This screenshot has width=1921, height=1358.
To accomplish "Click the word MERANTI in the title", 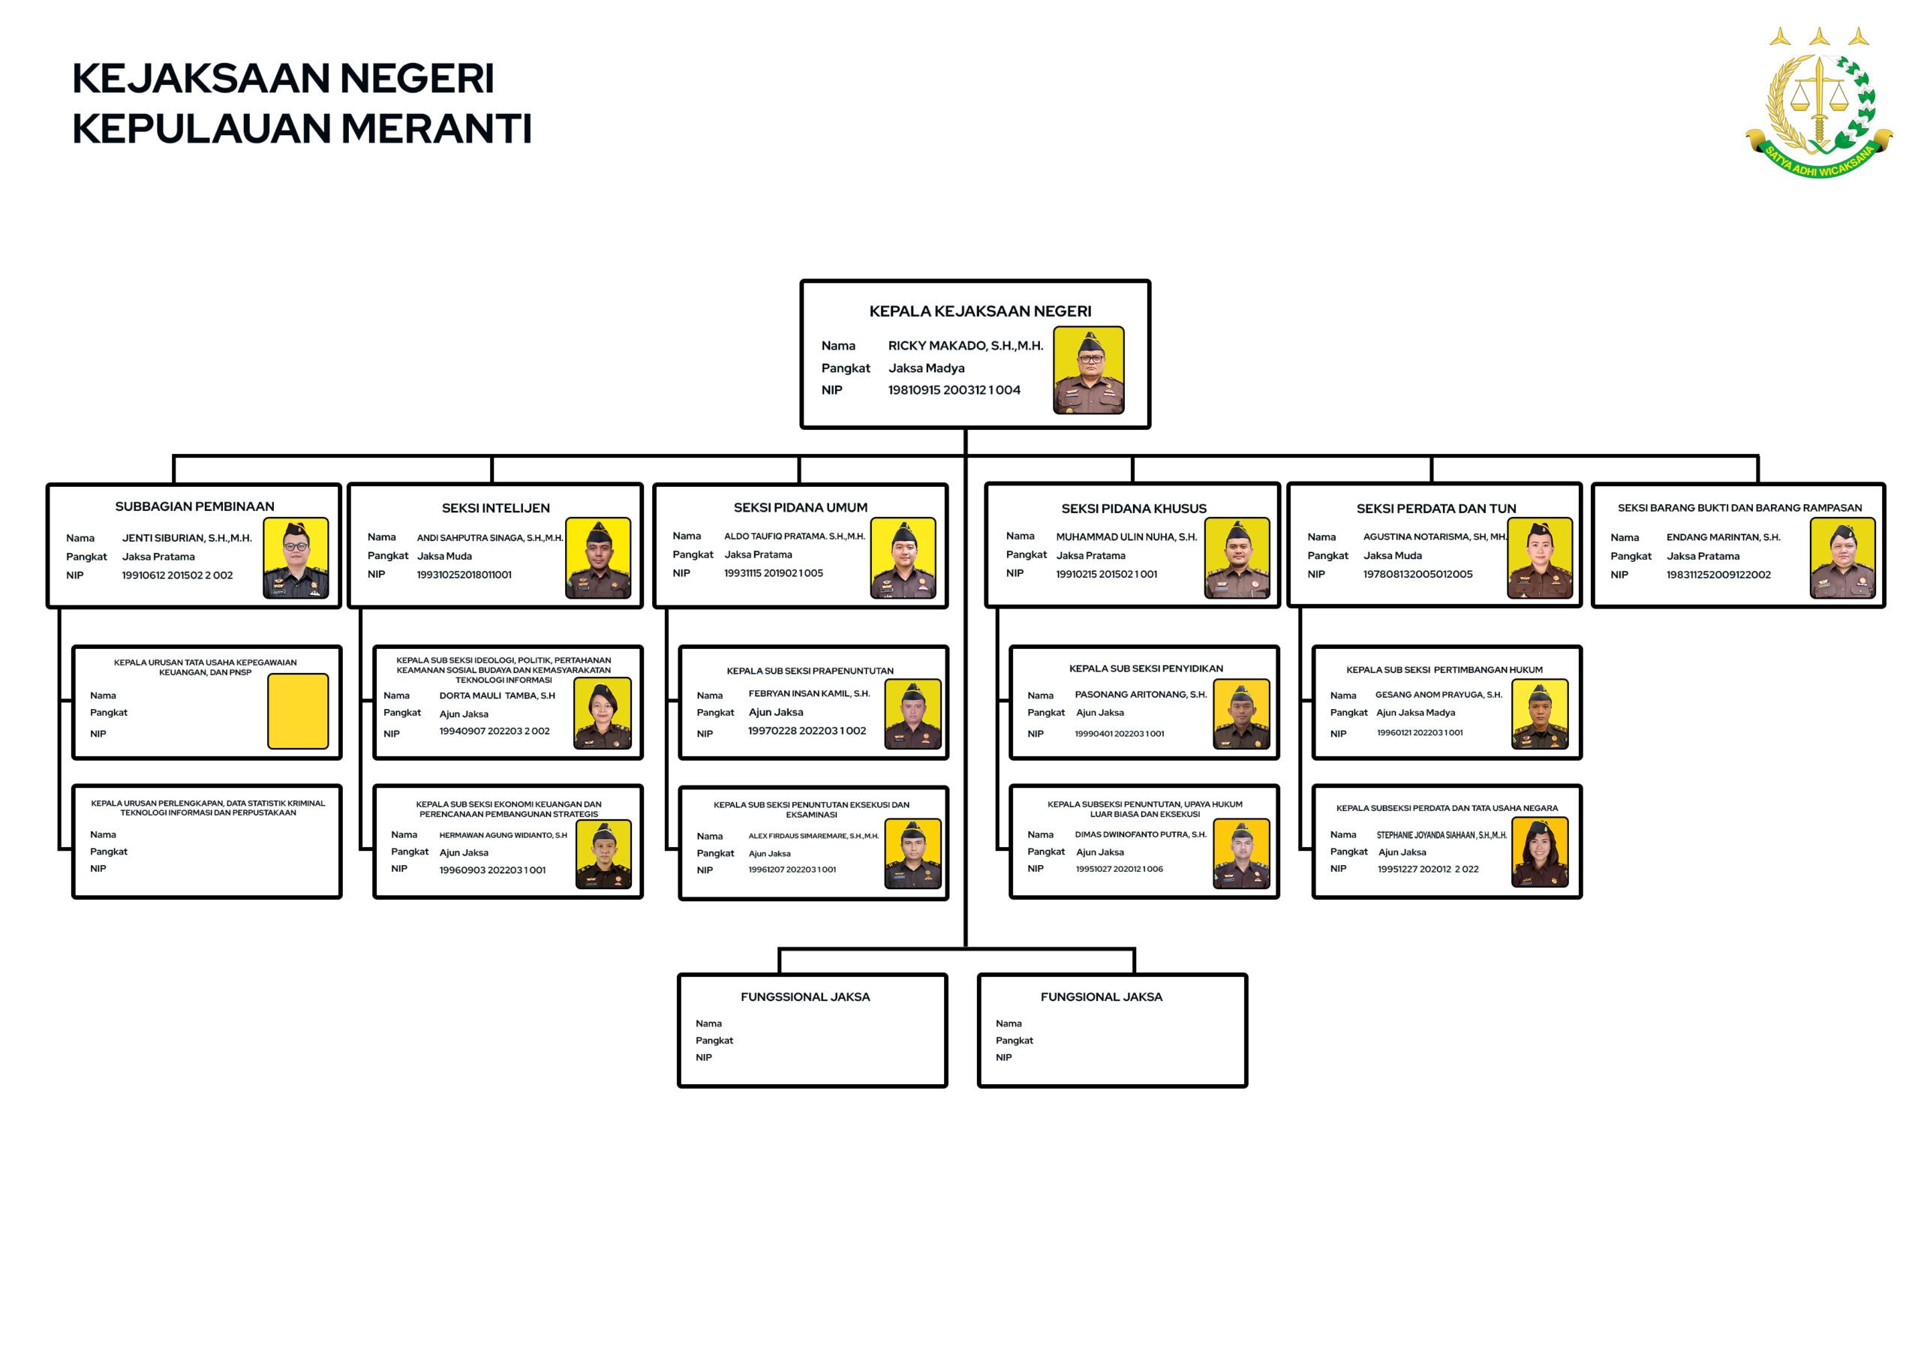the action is (436, 129).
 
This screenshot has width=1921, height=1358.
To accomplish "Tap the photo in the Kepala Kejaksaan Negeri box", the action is (1089, 370).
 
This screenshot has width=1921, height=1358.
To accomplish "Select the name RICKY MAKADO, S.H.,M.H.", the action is (966, 346).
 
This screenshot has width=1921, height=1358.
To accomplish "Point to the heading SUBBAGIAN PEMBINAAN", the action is (195, 506).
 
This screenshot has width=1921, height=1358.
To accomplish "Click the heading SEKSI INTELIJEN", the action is (496, 508).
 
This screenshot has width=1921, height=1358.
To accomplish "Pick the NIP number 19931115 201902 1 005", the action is (773, 573).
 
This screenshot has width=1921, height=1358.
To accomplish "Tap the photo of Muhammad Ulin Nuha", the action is (1237, 558).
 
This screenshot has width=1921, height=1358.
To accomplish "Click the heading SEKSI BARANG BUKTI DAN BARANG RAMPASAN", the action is (1739, 508).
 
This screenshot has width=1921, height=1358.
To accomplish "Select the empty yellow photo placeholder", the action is (298, 711).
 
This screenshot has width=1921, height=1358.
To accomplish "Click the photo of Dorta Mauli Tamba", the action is (603, 714).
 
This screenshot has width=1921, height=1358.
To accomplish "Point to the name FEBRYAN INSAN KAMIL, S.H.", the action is (809, 694).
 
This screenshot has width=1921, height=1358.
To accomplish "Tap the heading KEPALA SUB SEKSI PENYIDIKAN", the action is (1145, 668).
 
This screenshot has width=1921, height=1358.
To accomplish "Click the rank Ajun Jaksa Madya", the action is (1416, 713).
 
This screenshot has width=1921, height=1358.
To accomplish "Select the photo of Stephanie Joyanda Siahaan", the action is (1541, 852).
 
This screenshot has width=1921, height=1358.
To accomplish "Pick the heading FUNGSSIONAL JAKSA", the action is (805, 996).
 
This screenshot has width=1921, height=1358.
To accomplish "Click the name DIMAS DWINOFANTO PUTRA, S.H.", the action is (1141, 834).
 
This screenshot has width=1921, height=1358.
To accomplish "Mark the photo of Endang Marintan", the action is (1842, 558).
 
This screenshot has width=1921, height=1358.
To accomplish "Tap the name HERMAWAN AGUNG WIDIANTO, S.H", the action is (503, 835).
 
